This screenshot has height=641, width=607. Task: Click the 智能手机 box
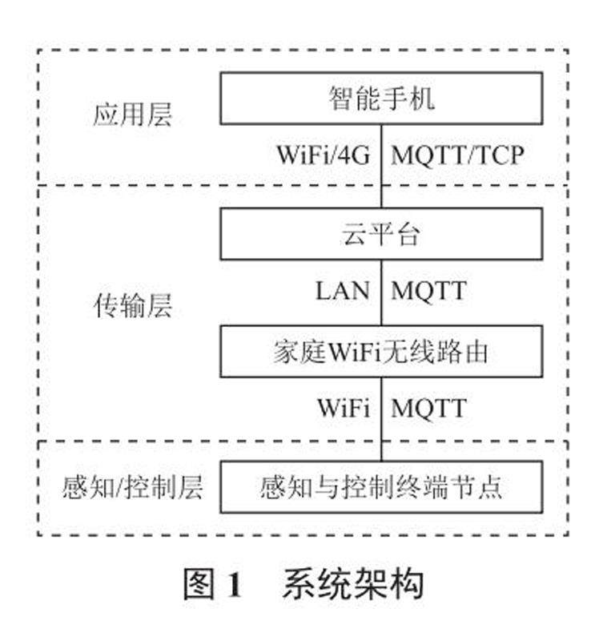(381, 99)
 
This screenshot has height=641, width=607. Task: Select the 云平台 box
(381, 234)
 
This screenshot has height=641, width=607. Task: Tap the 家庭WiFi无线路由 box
(381, 351)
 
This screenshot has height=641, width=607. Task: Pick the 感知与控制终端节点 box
(381, 486)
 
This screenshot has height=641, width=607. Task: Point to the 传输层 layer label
(132, 306)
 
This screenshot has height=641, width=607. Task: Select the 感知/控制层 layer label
(132, 486)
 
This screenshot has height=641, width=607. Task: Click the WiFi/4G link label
(324, 154)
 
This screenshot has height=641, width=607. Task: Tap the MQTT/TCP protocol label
(457, 154)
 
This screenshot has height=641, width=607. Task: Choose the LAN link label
(343, 290)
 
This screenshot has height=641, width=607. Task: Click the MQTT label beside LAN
(428, 290)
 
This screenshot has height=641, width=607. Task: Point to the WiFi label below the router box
(343, 408)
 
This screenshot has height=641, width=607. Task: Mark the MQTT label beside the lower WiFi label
(428, 408)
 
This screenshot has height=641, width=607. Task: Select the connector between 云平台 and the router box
(382, 292)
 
